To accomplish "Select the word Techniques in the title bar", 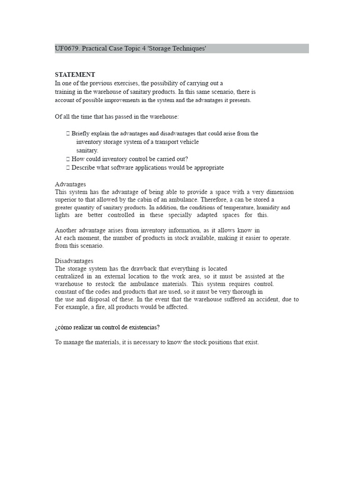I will (x=188, y=49).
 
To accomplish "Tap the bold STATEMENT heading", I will (x=75, y=75).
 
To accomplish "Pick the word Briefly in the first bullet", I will (x=82, y=134).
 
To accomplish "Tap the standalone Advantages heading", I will (x=70, y=184).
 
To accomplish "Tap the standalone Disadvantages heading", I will (x=74, y=261).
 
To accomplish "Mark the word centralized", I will (x=71, y=277).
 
